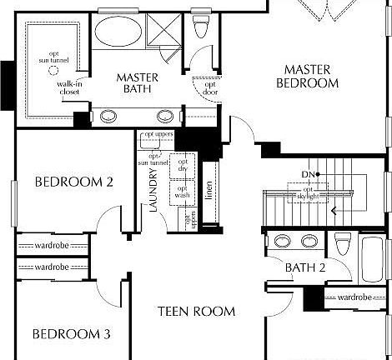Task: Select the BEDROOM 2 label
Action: (63, 182)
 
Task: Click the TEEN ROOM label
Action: (197, 312)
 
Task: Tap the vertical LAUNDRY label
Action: (153, 192)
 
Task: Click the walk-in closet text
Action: (69, 89)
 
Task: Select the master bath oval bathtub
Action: (117, 33)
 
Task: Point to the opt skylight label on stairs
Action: (310, 193)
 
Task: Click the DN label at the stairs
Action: (307, 173)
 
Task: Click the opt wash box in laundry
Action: (183, 192)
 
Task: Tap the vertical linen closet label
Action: (209, 192)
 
